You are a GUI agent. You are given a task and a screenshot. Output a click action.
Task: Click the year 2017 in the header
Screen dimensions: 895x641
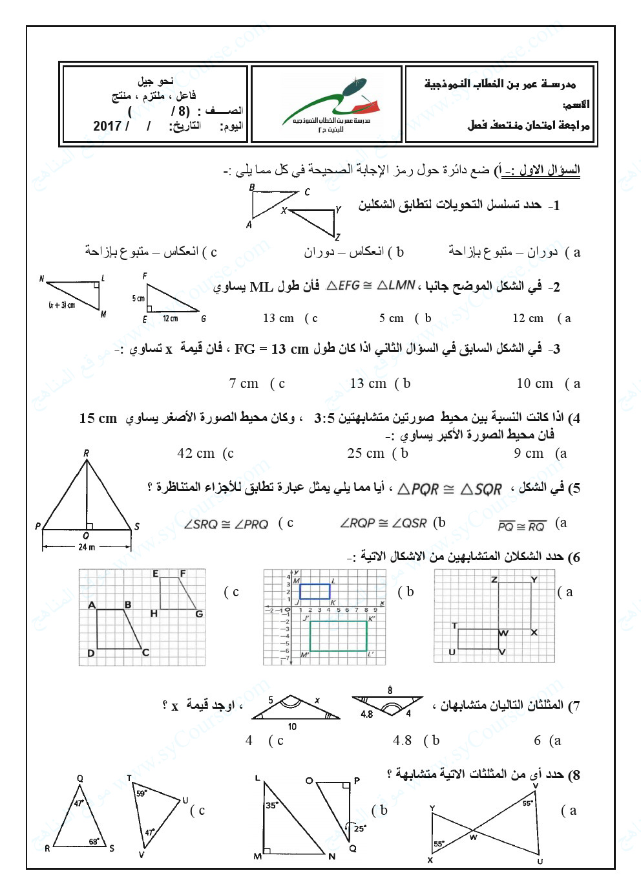(x=107, y=125)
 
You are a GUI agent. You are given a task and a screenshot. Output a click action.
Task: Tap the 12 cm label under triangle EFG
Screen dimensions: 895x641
(x=170, y=318)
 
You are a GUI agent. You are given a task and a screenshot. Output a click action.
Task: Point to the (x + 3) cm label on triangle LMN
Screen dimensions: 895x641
(x=61, y=304)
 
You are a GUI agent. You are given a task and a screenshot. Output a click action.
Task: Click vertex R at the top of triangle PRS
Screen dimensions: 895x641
(x=86, y=454)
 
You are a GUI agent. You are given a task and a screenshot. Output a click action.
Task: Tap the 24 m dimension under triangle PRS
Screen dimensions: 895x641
(x=87, y=547)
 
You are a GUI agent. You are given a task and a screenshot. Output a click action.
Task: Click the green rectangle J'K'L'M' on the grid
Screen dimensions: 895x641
(x=339, y=636)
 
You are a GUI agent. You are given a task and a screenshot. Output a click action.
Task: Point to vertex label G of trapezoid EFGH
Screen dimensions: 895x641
(x=199, y=614)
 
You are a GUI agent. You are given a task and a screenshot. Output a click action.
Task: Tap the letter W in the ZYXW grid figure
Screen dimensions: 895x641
(x=503, y=632)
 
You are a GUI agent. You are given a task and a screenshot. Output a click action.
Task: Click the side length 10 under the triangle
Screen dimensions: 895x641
(x=292, y=726)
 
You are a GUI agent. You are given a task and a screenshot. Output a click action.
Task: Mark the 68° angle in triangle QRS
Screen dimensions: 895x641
(x=94, y=842)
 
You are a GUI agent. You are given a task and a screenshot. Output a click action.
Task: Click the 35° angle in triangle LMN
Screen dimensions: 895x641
(x=271, y=806)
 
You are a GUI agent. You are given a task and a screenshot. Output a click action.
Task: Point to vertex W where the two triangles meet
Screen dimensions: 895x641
(x=473, y=837)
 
